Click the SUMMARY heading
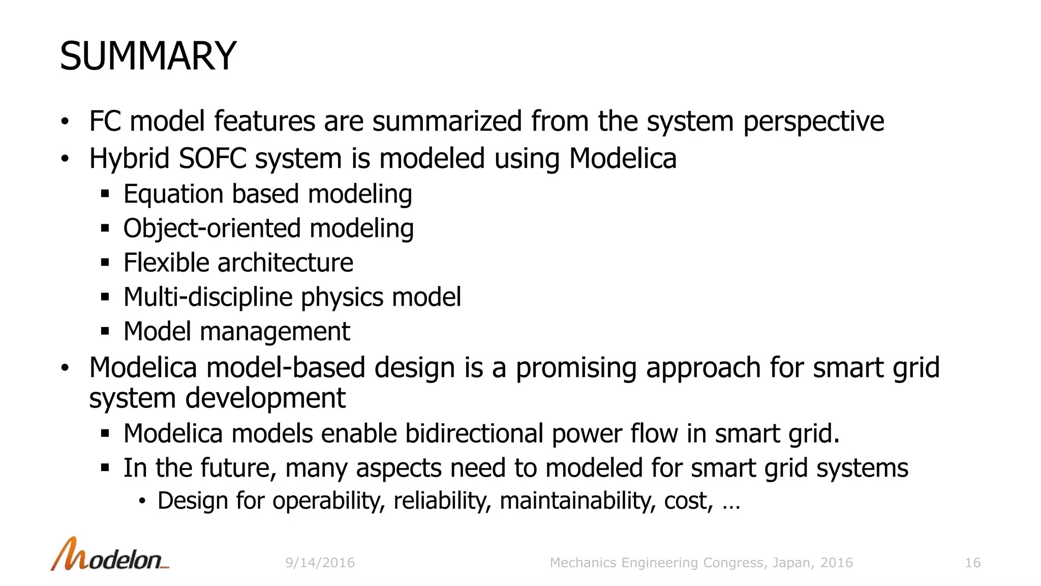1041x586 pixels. point(148,56)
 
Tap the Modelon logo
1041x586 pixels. point(109,555)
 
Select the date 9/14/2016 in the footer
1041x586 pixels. point(320,563)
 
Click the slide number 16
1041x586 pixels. point(972,563)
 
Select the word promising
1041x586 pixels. point(576,368)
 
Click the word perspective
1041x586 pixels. point(813,122)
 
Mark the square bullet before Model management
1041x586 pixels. point(105,332)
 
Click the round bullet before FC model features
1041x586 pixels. point(65,122)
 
